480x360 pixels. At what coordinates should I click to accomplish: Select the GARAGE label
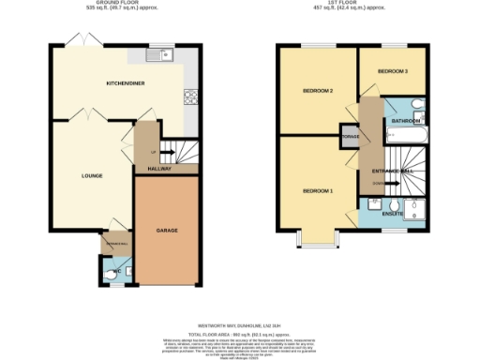[x=167, y=231]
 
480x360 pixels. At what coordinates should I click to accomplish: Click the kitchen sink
[x=166, y=54]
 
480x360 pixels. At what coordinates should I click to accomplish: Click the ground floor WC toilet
[x=112, y=275]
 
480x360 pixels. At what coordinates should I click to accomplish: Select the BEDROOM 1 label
[x=317, y=190]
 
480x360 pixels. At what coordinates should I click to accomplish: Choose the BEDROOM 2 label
[x=318, y=91]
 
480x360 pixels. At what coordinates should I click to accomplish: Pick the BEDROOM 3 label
[x=393, y=71]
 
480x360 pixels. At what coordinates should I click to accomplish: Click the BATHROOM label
[x=406, y=122]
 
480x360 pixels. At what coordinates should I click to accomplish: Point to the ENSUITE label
[x=393, y=214]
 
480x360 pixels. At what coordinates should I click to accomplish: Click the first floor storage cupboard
[x=350, y=137]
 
